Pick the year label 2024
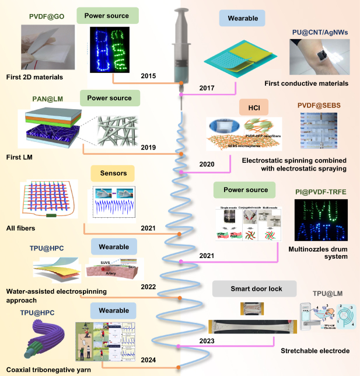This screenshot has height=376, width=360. (149, 361)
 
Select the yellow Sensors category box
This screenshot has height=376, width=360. (113, 173)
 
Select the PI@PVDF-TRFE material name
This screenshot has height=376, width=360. (318, 189)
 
